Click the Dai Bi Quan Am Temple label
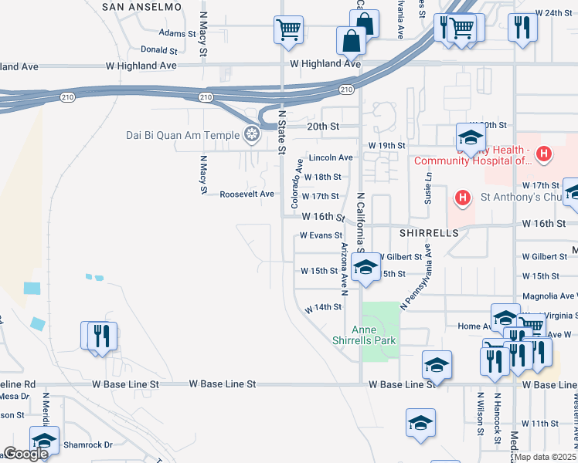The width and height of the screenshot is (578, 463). (183, 136)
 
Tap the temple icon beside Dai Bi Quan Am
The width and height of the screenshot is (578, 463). (250, 136)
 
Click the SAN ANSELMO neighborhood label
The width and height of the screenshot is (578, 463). (142, 6)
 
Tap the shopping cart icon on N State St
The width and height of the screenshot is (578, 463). (287, 31)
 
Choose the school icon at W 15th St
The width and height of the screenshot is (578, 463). (364, 268)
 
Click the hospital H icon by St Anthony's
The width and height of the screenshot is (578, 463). (462, 198)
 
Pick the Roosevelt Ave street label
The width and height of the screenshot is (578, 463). (246, 194)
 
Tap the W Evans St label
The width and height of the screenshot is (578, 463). (321, 235)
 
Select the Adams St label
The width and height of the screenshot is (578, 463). (178, 33)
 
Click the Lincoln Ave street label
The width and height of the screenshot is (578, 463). (331, 157)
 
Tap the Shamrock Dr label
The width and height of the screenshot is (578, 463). (87, 444)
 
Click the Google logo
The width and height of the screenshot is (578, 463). (25, 454)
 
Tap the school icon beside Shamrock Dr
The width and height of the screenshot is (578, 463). (44, 440)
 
